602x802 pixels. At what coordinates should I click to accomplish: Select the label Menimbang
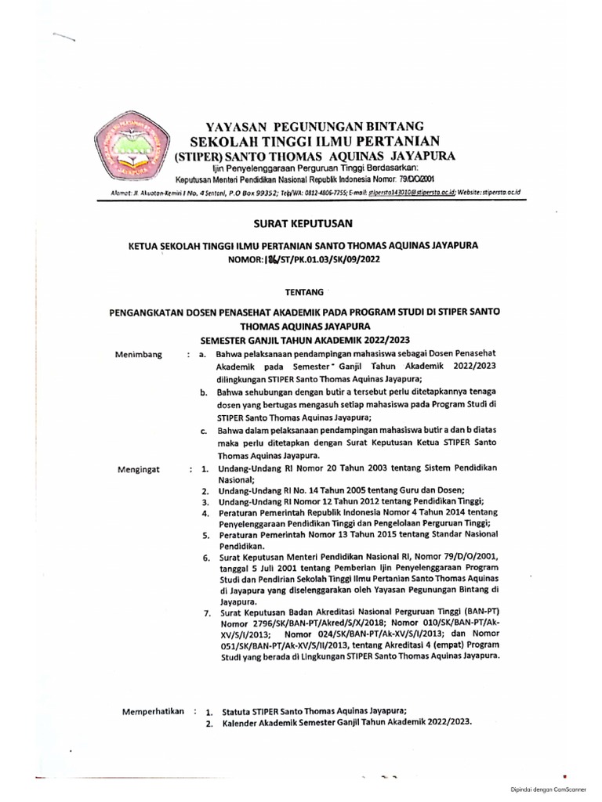139,355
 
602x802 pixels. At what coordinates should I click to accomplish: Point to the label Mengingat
139,471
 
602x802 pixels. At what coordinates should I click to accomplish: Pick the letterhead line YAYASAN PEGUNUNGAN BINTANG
314,125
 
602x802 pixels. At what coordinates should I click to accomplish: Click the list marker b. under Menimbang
204,391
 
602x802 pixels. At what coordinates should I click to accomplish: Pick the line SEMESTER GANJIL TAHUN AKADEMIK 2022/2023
306,340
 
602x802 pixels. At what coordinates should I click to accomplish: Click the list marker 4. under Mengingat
205,513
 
